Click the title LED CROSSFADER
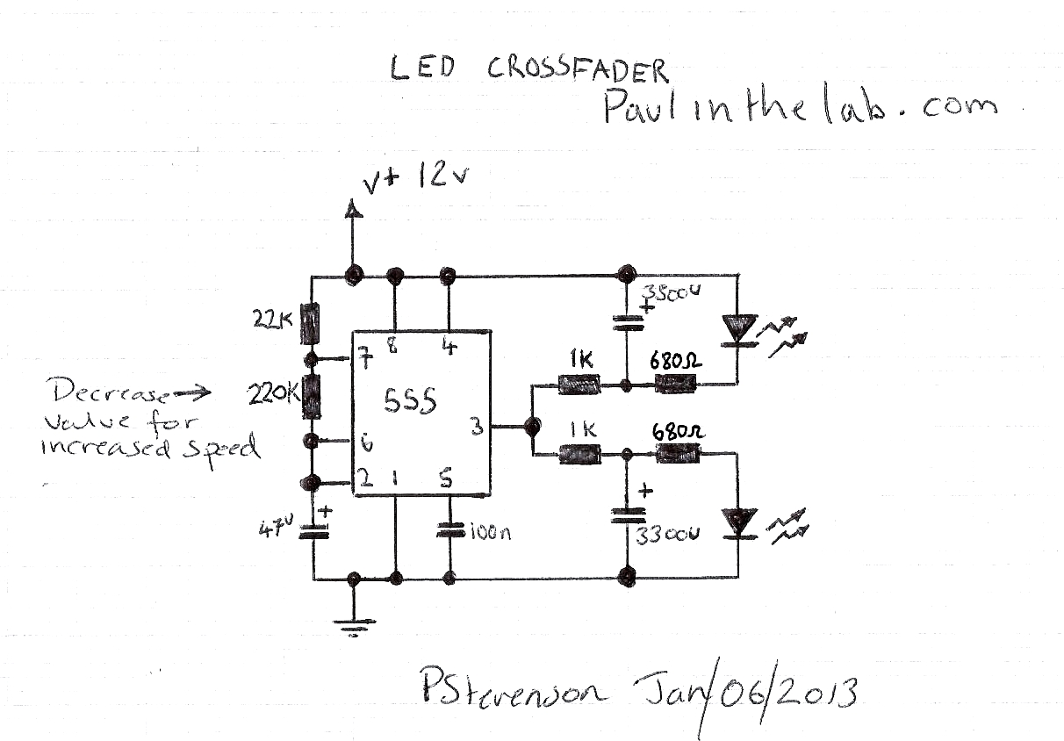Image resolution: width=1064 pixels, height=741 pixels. [529, 69]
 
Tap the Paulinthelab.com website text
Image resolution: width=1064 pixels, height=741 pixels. [799, 108]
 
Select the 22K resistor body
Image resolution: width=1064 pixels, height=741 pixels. [310, 324]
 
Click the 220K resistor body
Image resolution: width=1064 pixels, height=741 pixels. [310, 396]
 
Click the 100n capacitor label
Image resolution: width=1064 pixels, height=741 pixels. [489, 531]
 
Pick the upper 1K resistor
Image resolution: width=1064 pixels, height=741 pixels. [579, 384]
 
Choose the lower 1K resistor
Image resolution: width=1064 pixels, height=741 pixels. [579, 455]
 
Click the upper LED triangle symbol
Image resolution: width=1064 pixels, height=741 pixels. [737, 329]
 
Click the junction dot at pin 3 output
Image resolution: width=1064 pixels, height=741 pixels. [530, 427]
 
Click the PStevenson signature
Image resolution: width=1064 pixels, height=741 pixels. [512, 691]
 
